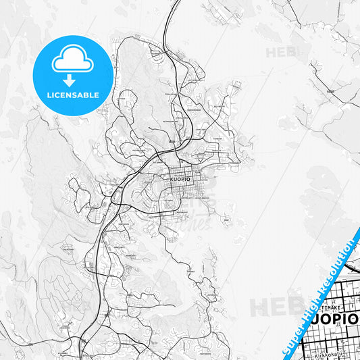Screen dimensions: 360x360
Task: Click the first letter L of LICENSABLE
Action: [48, 95]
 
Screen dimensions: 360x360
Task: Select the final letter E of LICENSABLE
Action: [97, 95]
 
